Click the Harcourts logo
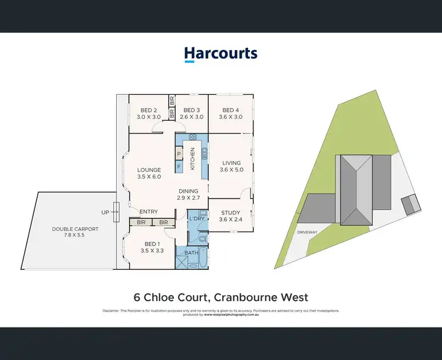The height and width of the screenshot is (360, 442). tap(220, 54)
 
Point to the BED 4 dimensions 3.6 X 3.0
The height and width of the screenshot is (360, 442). tap(230, 117)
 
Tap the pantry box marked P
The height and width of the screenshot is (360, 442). tap(179, 156)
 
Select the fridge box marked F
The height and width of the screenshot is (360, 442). tap(179, 167)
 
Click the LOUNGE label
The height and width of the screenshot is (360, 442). tap(149, 170)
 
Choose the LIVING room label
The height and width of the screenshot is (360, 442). tap(231, 163)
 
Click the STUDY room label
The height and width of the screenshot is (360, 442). tap(230, 213)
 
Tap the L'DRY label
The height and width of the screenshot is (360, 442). tap(196, 219)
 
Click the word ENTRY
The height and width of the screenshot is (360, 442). tap(149, 212)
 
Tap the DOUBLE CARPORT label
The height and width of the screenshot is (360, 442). tap(75, 229)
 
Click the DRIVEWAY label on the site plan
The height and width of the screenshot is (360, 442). tap(307, 232)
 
